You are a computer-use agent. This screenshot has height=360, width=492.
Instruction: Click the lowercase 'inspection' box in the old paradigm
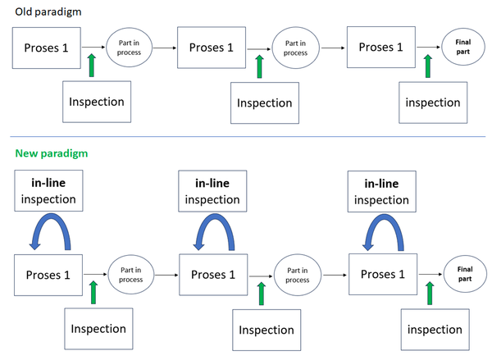pos(433,103)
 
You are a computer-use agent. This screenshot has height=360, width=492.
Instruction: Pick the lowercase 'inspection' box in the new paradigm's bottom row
pos(433,329)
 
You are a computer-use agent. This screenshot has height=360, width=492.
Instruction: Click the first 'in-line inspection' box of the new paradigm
pos(47,191)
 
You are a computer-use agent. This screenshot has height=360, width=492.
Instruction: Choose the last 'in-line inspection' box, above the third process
pos(381,191)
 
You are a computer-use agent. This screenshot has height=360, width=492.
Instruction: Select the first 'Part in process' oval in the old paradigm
pos(128,48)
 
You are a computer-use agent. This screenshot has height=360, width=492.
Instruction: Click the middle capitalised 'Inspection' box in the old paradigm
pos(265,103)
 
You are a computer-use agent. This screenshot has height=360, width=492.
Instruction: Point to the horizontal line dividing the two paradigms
pos(246,136)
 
